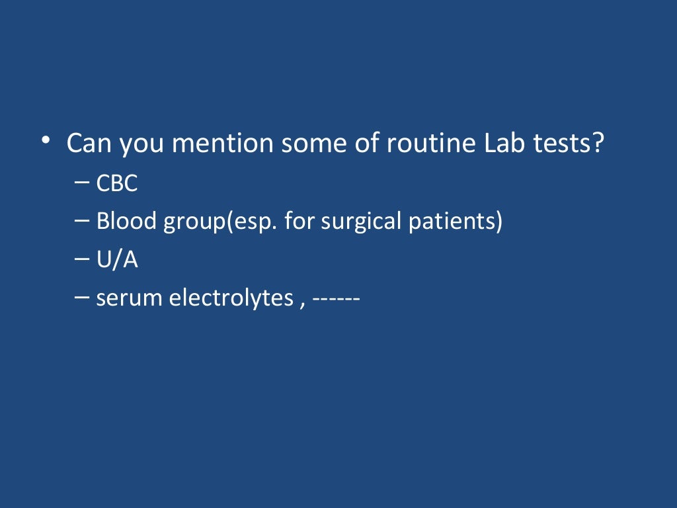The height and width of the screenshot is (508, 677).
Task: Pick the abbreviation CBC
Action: (x=117, y=184)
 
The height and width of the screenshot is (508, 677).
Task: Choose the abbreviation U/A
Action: (x=117, y=260)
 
